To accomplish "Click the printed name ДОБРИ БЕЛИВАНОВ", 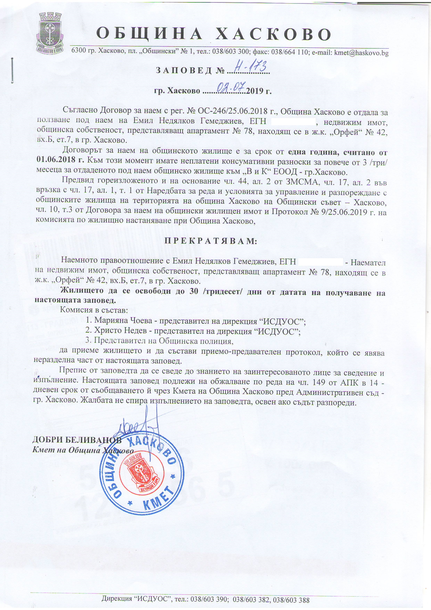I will [x=77, y=440].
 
